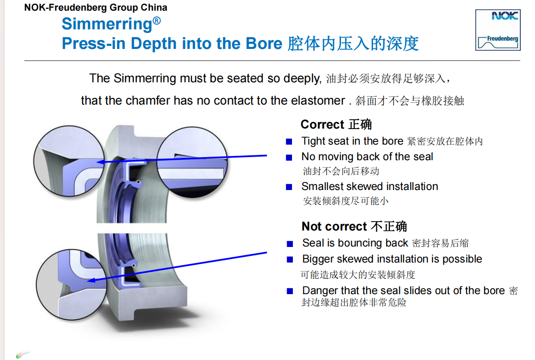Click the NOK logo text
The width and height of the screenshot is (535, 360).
[x=505, y=16]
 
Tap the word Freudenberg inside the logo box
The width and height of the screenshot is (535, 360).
[x=503, y=39]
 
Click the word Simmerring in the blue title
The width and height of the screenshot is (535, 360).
[x=107, y=24]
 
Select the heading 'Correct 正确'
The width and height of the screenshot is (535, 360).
[x=336, y=125]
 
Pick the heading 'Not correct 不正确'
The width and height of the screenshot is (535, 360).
[x=354, y=227]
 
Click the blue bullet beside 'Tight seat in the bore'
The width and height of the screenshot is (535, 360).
[x=289, y=142]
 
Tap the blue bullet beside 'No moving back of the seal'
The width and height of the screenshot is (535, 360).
[x=289, y=158]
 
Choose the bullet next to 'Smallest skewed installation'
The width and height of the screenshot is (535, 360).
[x=289, y=187]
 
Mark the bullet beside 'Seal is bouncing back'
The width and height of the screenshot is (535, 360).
[x=290, y=244]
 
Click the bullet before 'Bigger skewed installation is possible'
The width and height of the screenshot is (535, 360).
[x=290, y=259]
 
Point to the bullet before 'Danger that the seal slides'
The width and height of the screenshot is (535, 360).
[x=290, y=291]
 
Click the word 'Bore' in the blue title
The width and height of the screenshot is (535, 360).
[x=264, y=43]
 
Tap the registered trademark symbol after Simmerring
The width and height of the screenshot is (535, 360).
[x=157, y=20]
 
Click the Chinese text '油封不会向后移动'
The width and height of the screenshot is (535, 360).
[x=341, y=171]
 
